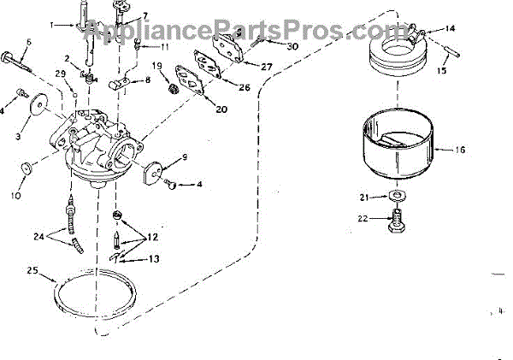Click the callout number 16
(x=460, y=149)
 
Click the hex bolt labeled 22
(x=397, y=226)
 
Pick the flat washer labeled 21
(x=395, y=198)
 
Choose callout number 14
(x=451, y=28)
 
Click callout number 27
(x=266, y=66)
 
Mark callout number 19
(x=157, y=66)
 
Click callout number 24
(x=38, y=236)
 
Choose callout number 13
(x=155, y=258)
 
